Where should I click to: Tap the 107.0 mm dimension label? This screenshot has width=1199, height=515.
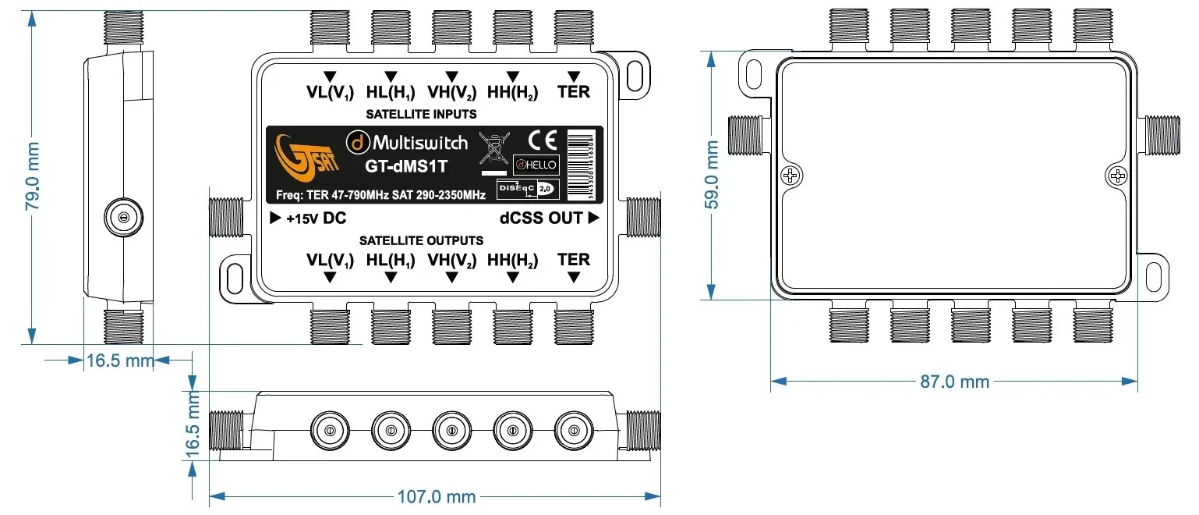tap(437, 496)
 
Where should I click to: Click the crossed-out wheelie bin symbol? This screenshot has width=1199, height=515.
tap(492, 147)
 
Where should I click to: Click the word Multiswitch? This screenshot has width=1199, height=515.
tap(419, 142)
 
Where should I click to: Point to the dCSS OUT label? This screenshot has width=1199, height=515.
tap(541, 218)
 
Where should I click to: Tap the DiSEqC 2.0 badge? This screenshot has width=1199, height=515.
tap(525, 189)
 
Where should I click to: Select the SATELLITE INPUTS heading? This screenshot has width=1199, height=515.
tap(422, 115)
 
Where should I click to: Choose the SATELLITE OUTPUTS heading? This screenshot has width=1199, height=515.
tap(421, 240)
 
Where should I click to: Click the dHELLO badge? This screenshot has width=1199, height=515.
tap(536, 165)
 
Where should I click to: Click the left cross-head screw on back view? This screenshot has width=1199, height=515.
tap(790, 176)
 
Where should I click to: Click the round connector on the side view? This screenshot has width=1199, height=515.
tap(122, 218)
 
